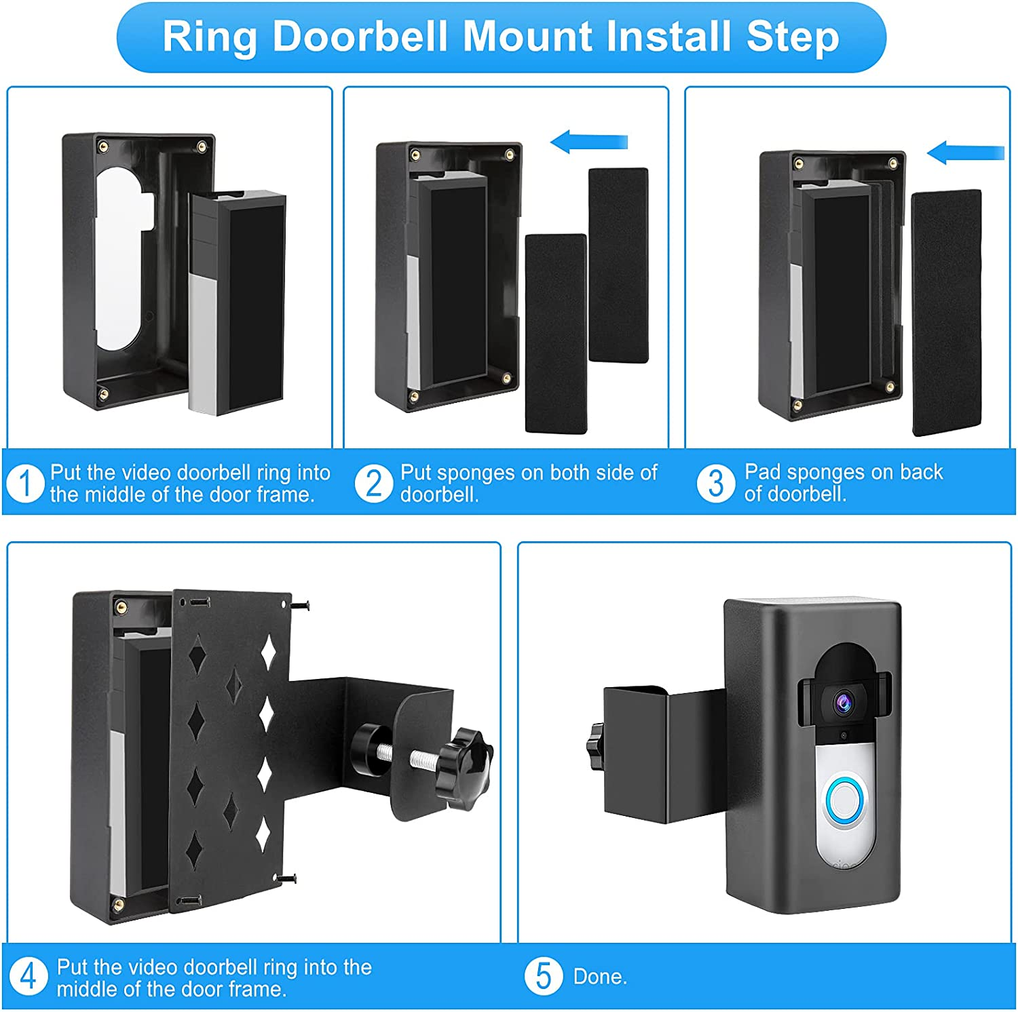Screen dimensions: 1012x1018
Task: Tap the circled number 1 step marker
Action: click(x=26, y=483)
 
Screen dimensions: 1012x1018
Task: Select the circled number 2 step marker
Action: click(x=374, y=483)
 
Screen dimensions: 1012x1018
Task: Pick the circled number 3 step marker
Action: click(x=716, y=483)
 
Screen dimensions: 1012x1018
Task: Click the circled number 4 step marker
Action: click(x=28, y=977)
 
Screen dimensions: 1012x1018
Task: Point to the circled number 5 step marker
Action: click(x=544, y=977)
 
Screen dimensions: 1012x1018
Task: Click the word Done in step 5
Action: click(x=599, y=977)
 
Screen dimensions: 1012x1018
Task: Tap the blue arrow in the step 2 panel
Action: click(x=588, y=142)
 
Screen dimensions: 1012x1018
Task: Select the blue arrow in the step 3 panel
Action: click(x=965, y=153)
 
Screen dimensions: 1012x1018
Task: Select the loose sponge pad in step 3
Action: click(x=946, y=312)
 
